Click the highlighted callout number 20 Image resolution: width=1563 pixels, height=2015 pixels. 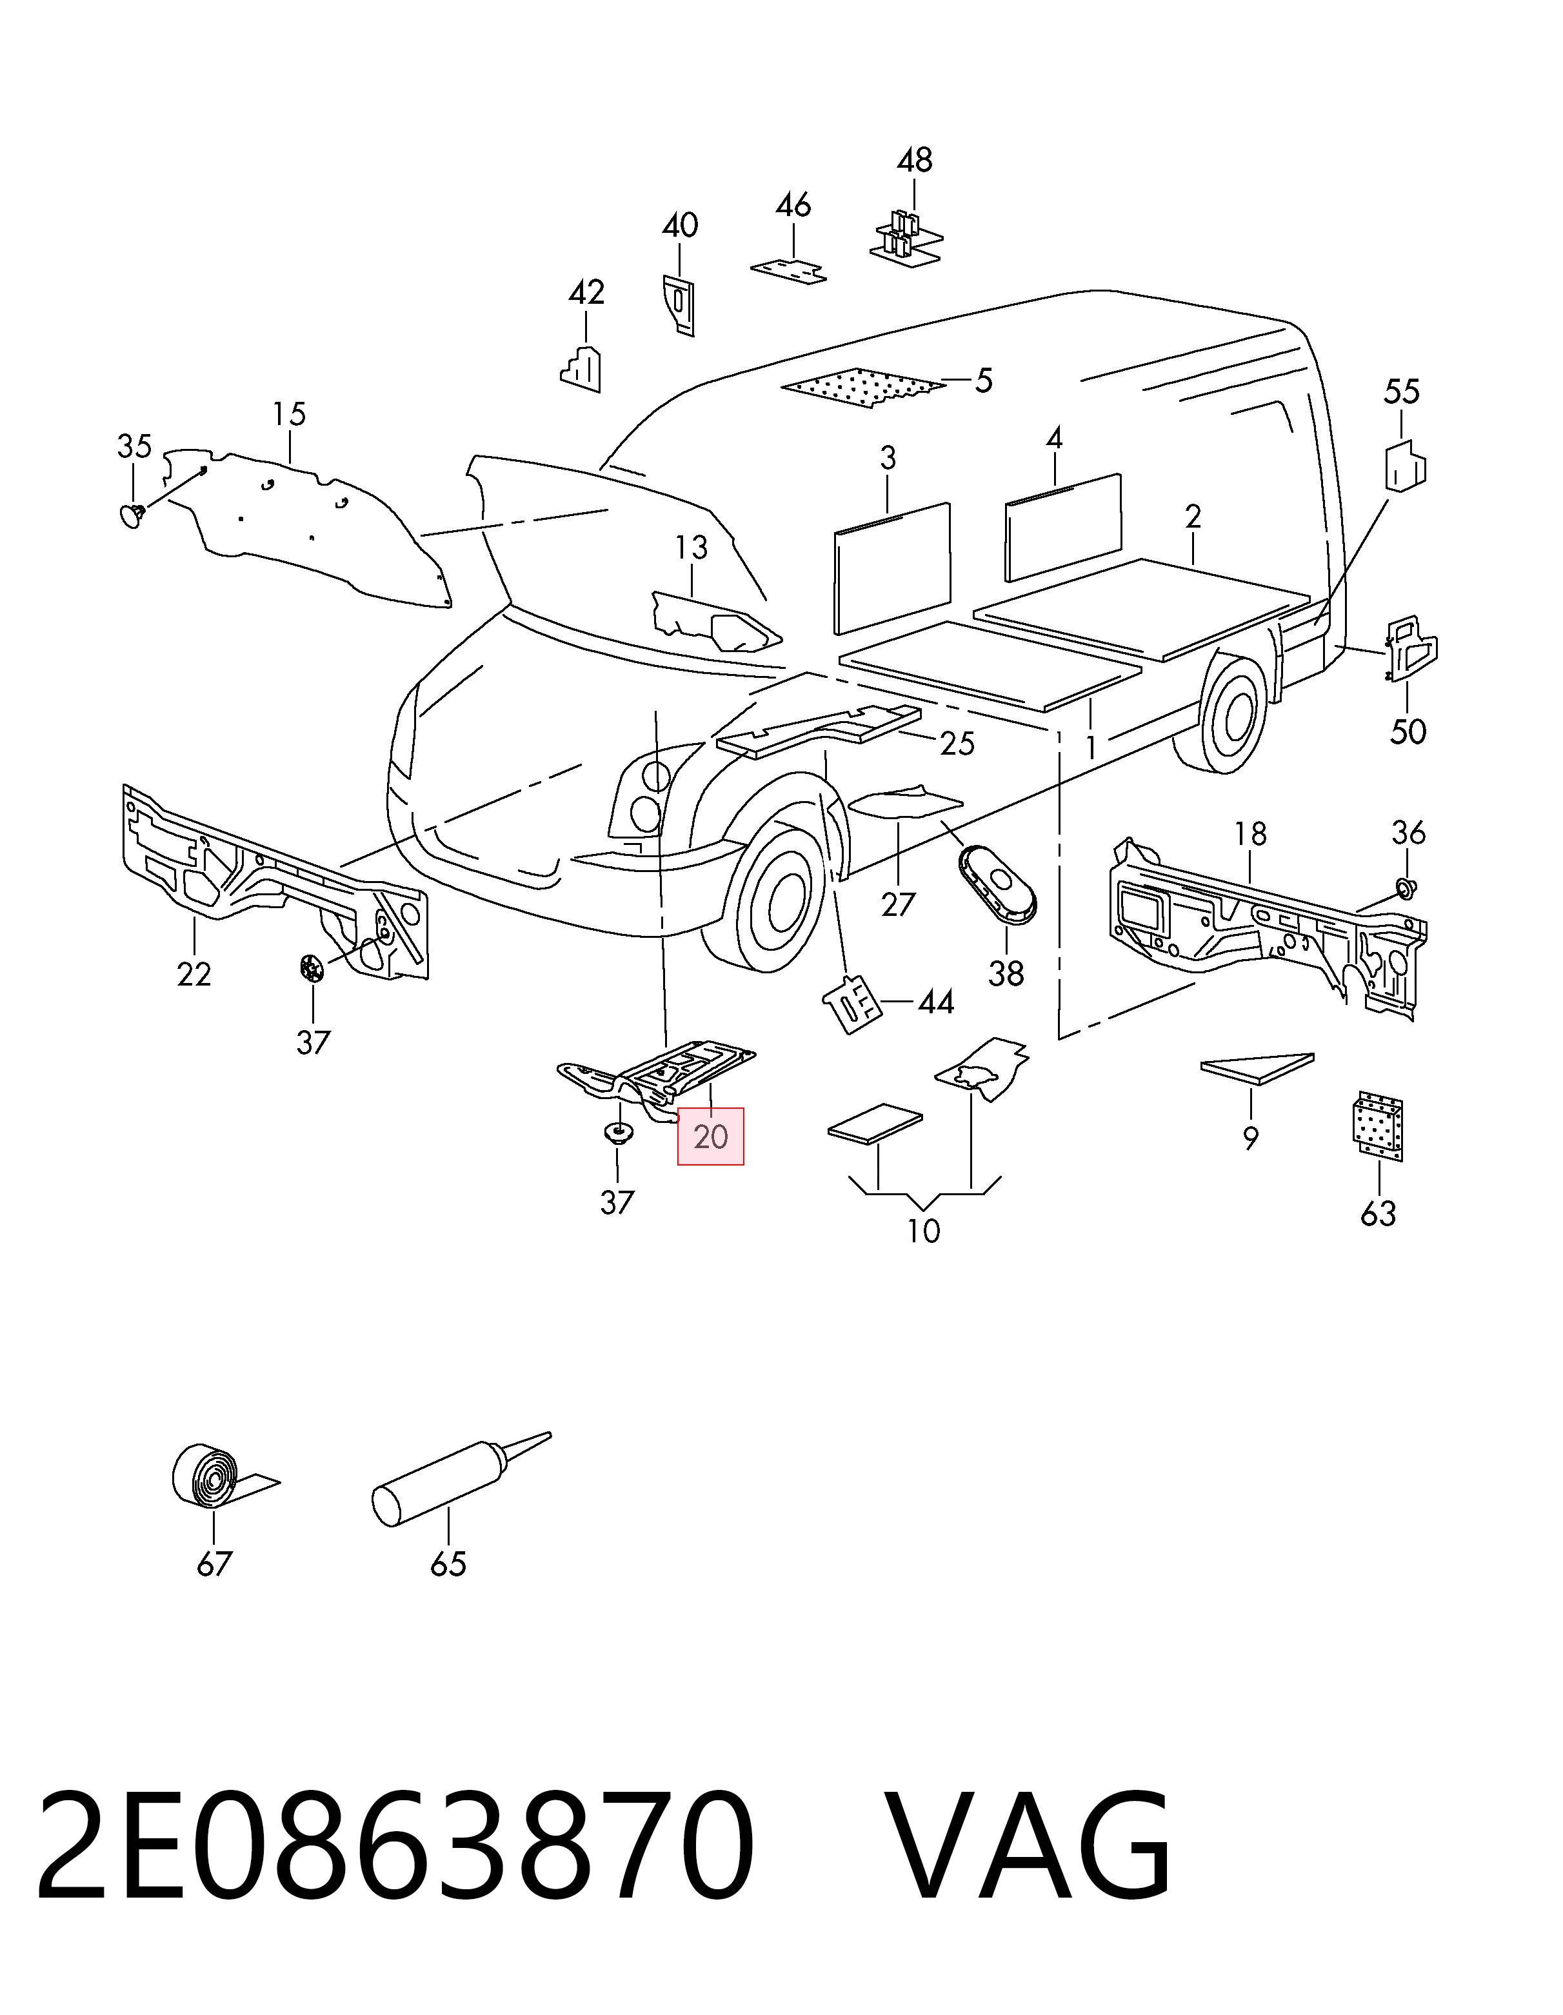(x=710, y=1137)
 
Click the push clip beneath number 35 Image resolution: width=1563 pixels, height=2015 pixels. (x=134, y=513)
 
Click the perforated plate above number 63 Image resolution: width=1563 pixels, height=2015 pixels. (x=1378, y=1127)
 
